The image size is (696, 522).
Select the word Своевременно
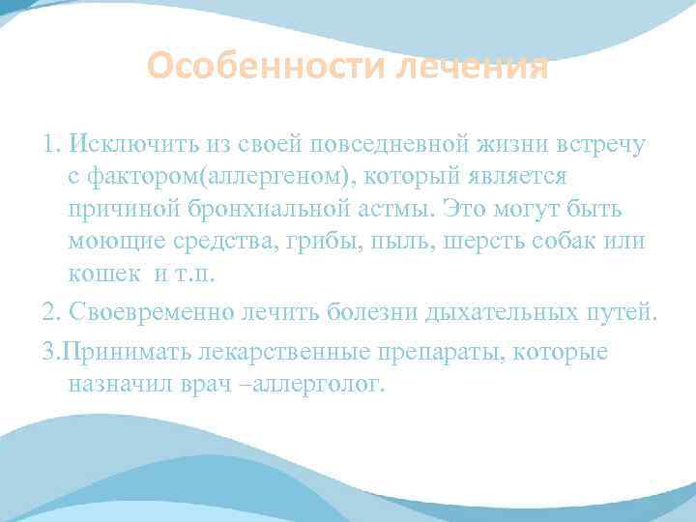[x=153, y=312]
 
